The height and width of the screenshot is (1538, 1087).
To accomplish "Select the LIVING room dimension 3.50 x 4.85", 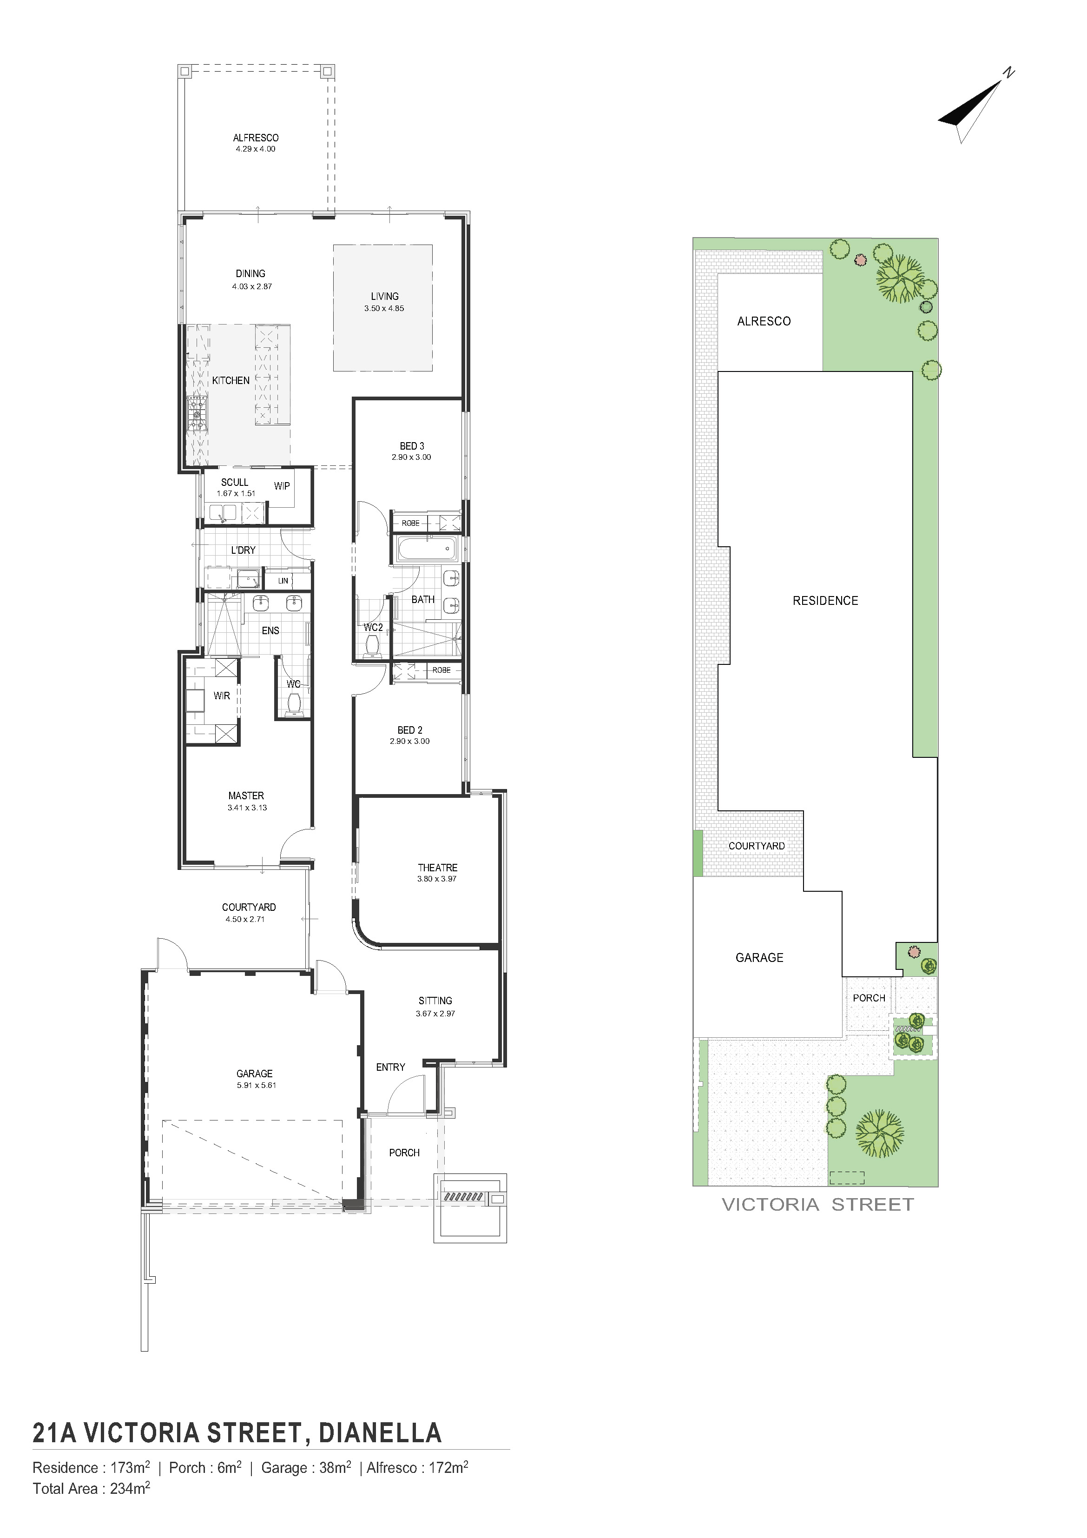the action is point(384,309).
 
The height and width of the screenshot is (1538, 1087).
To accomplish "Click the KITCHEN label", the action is point(231,380).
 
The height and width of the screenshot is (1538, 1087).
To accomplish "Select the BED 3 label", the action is point(412,446).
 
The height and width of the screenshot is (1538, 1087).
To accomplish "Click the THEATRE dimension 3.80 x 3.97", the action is point(437,879).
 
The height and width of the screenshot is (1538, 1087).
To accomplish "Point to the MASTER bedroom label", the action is point(246,796).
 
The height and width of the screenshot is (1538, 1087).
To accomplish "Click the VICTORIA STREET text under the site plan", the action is point(818,1204).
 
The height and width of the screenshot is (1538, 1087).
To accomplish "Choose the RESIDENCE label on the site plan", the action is point(825,601).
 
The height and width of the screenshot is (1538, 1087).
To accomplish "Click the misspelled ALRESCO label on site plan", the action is point(764,322).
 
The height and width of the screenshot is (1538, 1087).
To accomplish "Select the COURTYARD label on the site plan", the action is point(757,846).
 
